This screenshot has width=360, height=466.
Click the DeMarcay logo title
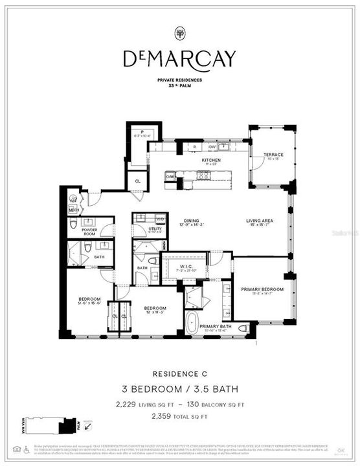pyautogui.click(x=179, y=59)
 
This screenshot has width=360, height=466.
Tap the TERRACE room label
pyautogui.click(x=273, y=155)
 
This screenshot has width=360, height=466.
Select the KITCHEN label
pyautogui.click(x=211, y=160)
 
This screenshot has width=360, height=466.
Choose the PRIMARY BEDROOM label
pyautogui.click(x=262, y=289)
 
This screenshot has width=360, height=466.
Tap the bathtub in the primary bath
pyautogui.click(x=193, y=323)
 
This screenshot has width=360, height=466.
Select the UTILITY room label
pyautogui.click(x=155, y=228)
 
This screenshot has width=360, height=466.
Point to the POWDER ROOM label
pyautogui.click(x=89, y=231)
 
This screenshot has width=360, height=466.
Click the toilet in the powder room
pyautogui.click(x=74, y=224)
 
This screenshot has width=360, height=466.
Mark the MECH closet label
pyautogui.click(x=73, y=210)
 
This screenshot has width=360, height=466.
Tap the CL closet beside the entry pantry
pyautogui.click(x=137, y=182)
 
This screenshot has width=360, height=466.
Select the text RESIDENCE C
pyautogui.click(x=179, y=373)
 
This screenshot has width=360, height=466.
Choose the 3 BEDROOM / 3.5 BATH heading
pyautogui.click(x=179, y=389)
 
